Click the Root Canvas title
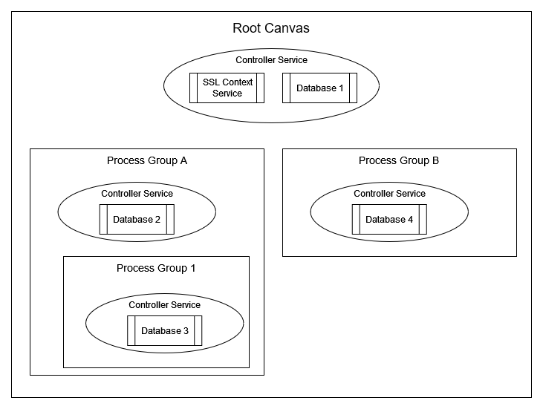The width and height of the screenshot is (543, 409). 271,29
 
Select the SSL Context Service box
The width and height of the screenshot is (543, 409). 227,88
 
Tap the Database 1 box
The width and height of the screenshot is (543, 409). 320,88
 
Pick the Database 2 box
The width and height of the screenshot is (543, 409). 137,219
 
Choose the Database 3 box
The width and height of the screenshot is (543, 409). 165,330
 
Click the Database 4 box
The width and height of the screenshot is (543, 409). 389,219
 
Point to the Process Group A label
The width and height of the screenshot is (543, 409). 146,160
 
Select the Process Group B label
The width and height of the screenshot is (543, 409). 399,160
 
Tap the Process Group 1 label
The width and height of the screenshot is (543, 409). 156,268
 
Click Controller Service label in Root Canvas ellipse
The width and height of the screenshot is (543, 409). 271,60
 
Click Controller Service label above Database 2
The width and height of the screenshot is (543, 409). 137,194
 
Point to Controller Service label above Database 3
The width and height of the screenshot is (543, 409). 165,305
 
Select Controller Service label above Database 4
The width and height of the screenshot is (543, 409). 389,194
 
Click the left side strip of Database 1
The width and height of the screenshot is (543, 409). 287,88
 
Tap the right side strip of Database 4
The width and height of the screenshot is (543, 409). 423,219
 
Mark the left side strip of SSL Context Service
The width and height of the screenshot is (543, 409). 194,88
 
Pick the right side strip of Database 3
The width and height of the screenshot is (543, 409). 198,330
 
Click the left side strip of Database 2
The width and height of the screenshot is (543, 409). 103,219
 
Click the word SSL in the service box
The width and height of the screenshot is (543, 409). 211,82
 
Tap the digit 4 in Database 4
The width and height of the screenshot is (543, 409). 410,220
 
